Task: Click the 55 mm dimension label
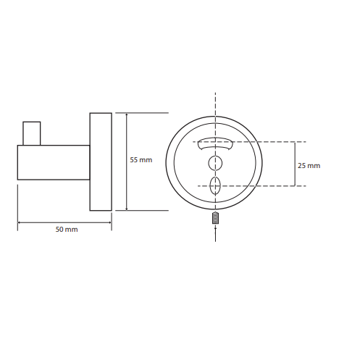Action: pos(141,160)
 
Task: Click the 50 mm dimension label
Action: pos(67,229)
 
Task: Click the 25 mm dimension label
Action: pos(309,166)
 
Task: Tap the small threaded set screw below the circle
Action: pos(215,218)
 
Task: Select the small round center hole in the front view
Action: pos(215,163)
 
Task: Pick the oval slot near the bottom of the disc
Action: pos(215,186)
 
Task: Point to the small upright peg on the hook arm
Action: pos(32,133)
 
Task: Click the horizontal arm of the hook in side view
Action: pos(54,162)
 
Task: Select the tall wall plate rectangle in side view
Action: pos(101,162)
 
